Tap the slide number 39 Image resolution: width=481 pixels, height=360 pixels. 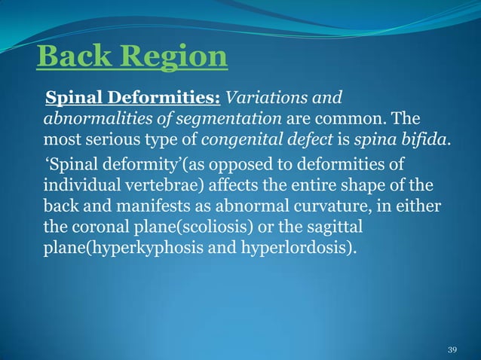click(452, 349)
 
